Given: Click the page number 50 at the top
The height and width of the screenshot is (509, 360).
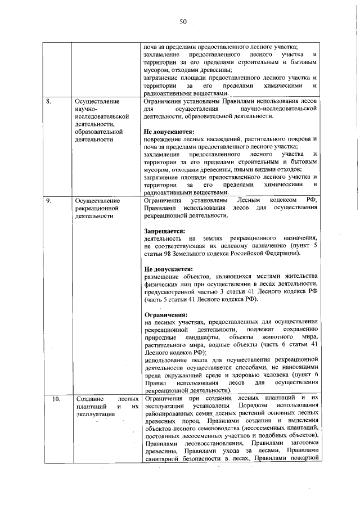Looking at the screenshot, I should (183, 22).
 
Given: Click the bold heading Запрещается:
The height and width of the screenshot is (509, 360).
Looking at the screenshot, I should (164, 231).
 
